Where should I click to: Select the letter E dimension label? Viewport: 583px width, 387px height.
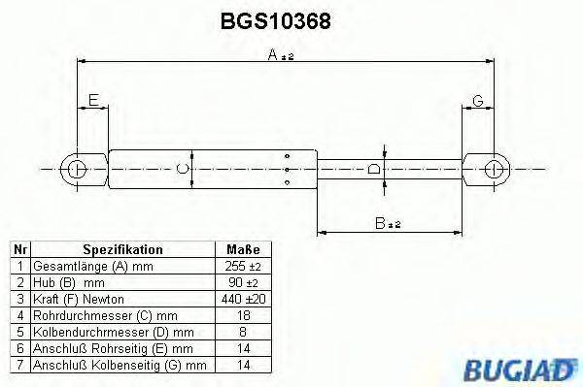(93, 100)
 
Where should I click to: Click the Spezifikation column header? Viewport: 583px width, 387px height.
(122, 249)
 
